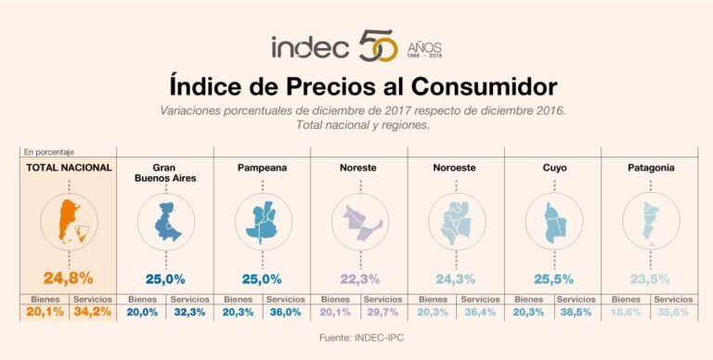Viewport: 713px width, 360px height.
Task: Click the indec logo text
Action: point(310,46)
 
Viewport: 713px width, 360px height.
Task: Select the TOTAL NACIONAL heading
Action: point(68,168)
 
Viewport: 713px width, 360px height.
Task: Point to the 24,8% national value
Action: point(68,277)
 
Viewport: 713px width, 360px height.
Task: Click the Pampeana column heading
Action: point(261,168)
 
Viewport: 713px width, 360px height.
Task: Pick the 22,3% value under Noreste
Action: point(360,277)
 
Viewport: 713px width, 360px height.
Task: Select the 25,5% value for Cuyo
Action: point(554,277)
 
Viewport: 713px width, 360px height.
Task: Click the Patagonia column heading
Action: point(651,168)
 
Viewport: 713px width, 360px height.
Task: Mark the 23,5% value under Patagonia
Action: point(651,277)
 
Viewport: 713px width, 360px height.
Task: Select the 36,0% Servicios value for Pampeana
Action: point(285,313)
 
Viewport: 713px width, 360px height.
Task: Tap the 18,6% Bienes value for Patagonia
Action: point(627,313)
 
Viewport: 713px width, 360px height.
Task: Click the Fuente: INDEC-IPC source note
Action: point(356,339)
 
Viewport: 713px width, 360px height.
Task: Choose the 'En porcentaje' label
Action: point(48,151)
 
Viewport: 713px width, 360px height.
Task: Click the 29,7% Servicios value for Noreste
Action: point(382,313)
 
